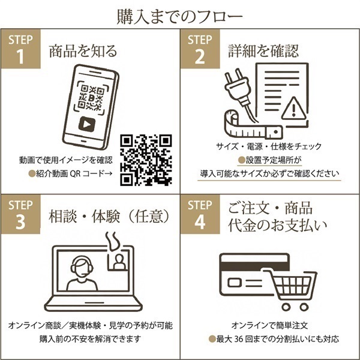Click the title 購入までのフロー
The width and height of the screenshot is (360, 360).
click(180, 17)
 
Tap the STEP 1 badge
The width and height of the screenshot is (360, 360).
click(21, 49)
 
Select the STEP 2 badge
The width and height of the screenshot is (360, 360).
click(200, 49)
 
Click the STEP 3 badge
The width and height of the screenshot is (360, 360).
click(21, 214)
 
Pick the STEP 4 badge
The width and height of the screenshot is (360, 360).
click(200, 214)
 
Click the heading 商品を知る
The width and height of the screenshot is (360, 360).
click(83, 51)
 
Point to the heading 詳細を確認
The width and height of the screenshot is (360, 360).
click(263, 51)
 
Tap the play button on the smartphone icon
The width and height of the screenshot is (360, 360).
click(87, 124)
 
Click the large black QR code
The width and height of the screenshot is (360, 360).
click(146, 160)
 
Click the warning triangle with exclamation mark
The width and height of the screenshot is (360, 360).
click(293, 108)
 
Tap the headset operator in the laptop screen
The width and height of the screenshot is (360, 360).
click(82, 273)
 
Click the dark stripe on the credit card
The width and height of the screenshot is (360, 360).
click(254, 266)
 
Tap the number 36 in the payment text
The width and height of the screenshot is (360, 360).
click(239, 339)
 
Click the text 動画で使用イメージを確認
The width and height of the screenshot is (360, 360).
click(66, 160)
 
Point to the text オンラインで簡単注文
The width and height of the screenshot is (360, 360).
click(269, 325)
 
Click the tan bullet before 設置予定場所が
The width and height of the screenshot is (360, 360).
click(242, 160)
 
